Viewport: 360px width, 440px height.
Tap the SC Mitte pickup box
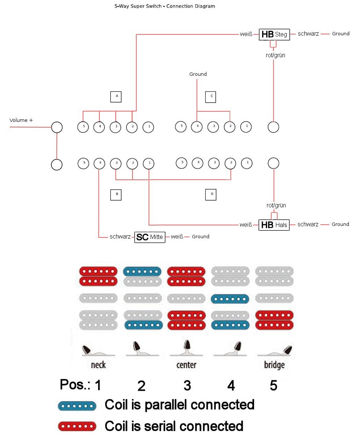[x=150, y=237]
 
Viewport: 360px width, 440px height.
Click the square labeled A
[x=116, y=97]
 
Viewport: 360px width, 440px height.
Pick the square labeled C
[x=211, y=97]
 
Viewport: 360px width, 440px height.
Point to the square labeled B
[x=116, y=194]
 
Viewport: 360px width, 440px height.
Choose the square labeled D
[x=211, y=194]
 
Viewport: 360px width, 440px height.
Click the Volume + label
[x=21, y=120]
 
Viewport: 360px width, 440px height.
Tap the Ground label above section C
[x=198, y=74]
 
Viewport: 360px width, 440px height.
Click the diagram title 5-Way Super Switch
[x=164, y=6]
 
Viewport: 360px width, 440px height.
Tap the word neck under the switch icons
[x=98, y=365]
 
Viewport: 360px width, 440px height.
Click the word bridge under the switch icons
[x=274, y=365]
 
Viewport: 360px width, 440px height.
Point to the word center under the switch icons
[x=186, y=365]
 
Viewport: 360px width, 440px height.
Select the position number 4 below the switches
[x=231, y=386]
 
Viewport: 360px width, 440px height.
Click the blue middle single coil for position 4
[x=229, y=298]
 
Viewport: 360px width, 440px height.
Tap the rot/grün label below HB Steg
[x=276, y=55]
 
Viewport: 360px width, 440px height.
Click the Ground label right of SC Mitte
[x=200, y=237]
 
